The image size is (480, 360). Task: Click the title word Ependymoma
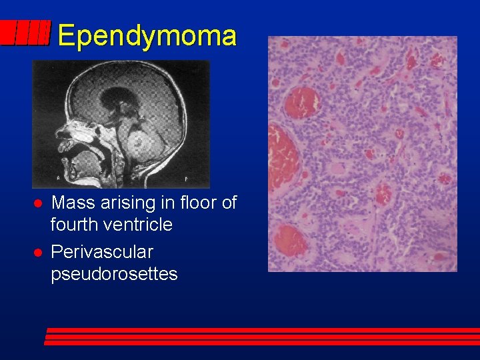coord(147,36)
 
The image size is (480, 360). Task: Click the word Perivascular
coord(102,252)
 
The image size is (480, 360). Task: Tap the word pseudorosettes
coord(114,274)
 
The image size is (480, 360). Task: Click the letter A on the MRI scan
coord(59,179)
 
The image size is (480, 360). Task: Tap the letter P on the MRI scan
coord(185,179)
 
